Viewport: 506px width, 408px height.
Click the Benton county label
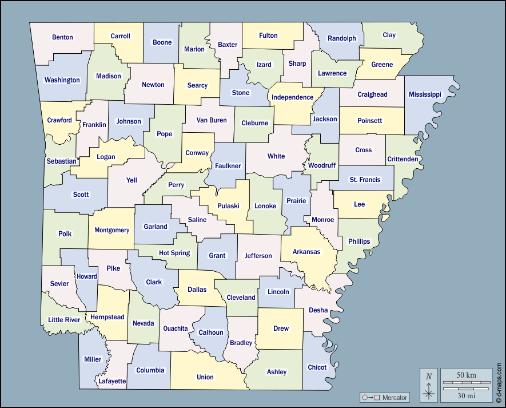[x=62, y=37]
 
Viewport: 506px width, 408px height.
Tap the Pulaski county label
[x=228, y=206]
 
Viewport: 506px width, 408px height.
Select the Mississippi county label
[x=425, y=94]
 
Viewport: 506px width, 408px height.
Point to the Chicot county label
[x=317, y=367]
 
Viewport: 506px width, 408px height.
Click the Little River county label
[x=64, y=320]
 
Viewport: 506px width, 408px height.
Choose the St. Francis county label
[x=365, y=180]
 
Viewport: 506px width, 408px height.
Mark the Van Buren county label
[x=212, y=120]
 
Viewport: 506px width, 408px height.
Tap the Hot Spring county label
[x=174, y=253]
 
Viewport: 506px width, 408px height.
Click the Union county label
[x=205, y=377]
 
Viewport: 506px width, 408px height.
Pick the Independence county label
[x=292, y=97]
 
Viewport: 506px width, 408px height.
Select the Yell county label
[x=132, y=180]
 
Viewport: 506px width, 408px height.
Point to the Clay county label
[x=389, y=35]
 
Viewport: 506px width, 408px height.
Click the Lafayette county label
[x=112, y=381]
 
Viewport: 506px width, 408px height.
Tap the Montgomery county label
[x=112, y=230]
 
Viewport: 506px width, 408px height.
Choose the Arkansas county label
[x=306, y=252]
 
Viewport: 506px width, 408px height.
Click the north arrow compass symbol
[x=429, y=385]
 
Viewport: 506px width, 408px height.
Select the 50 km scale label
[x=466, y=375]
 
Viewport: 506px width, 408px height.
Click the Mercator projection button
[x=384, y=397]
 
